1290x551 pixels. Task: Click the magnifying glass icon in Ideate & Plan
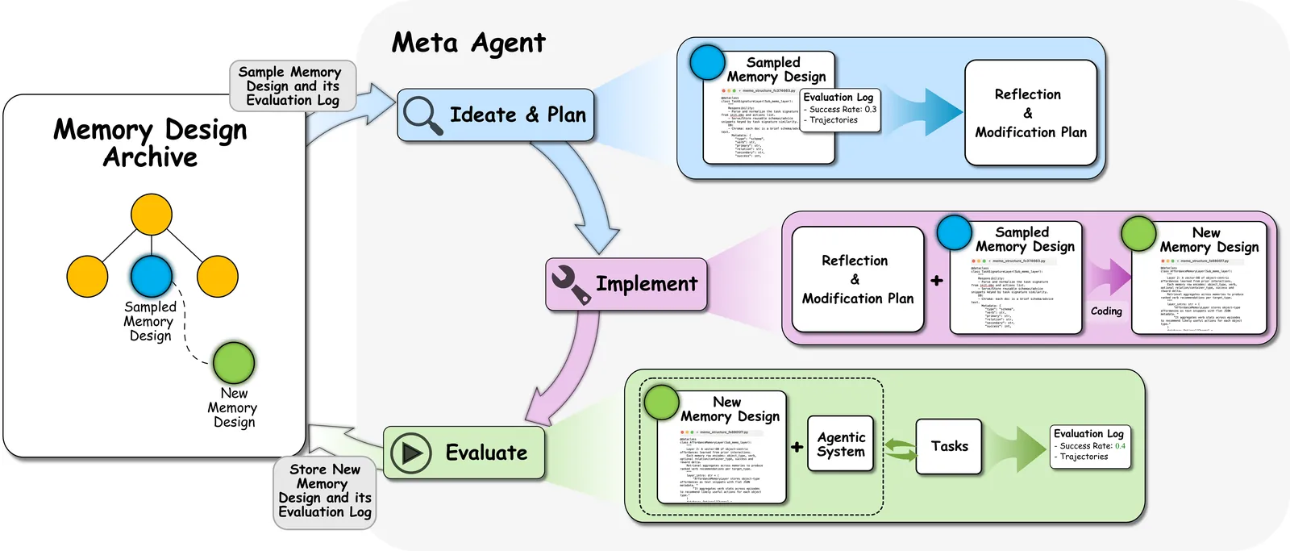pos(422,115)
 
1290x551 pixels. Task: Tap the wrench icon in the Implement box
pos(570,285)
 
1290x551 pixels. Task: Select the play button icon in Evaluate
pos(411,453)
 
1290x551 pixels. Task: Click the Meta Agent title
pos(468,43)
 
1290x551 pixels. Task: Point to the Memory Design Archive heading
pos(150,143)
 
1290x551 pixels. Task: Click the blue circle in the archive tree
pos(152,276)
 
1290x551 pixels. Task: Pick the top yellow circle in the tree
pos(152,215)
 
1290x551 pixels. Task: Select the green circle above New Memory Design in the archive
pos(234,363)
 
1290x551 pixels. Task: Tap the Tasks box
pos(949,446)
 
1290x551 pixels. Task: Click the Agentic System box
pos(841,445)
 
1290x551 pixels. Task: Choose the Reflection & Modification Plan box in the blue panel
pos(1030,113)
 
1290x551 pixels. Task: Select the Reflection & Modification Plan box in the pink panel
pos(857,279)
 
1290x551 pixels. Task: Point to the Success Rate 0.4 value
pos(1120,446)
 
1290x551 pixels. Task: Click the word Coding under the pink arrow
pos(1106,311)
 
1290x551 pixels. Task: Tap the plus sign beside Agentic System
pos(797,446)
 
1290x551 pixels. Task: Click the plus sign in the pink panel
pos(936,281)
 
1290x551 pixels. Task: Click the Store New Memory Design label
pos(324,490)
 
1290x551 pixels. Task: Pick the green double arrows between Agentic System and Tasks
pos(901,449)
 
